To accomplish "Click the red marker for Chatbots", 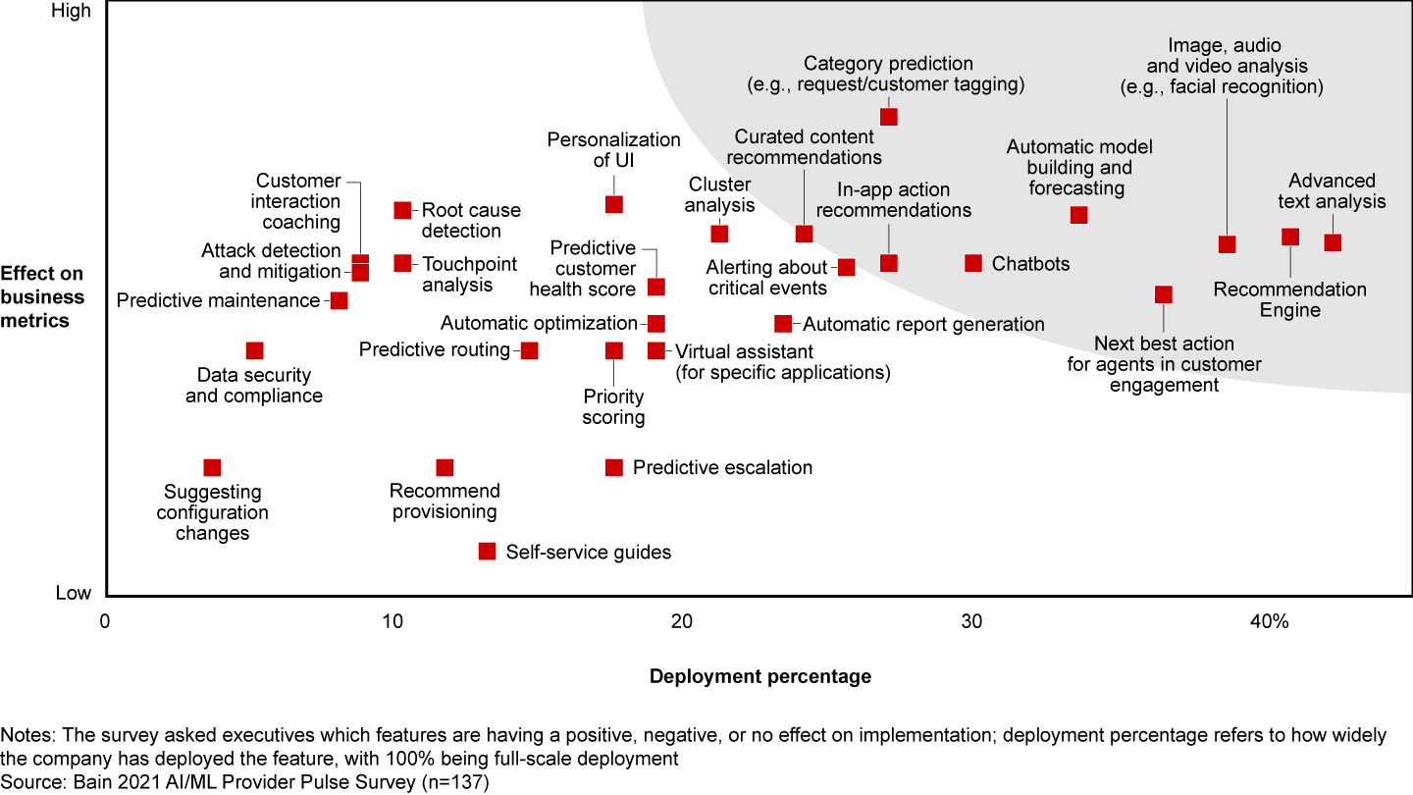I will point(973,263).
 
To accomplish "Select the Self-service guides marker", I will point(487,552).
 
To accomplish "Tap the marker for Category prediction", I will point(889,117).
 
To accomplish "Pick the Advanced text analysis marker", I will point(1333,242).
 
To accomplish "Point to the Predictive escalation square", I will point(614,467).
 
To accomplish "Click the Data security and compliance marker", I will point(255,350).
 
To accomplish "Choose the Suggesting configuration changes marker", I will point(212,467).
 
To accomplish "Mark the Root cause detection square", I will point(402,210).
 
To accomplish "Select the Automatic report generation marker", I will point(783,324).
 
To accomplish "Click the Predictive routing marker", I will point(530,350).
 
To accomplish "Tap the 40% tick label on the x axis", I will point(1271,622).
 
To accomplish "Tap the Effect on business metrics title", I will point(42,296).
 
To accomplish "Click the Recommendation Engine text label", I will point(1289,299).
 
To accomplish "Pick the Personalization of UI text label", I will point(613,149).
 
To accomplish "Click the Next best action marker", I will point(1164,294).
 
